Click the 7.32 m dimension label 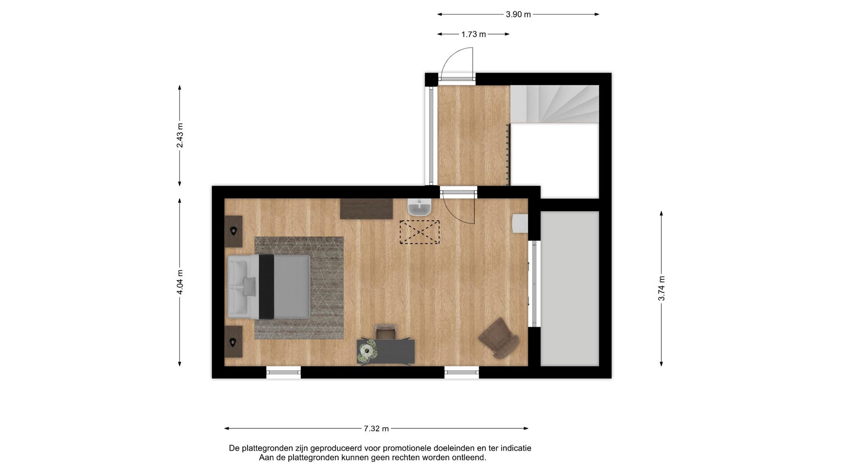click(376, 429)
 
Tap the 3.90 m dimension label click(518, 14)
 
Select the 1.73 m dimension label click(474, 34)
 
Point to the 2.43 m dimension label click(180, 136)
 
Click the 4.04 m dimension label click(180, 282)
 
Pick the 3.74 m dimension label click(661, 288)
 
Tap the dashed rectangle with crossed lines click(419, 232)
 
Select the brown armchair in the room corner click(499, 338)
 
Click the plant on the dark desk click(366, 352)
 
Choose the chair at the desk click(386, 332)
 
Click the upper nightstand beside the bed click(233, 231)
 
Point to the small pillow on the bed click(249, 286)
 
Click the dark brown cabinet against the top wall click(366, 209)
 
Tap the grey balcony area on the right click(569, 288)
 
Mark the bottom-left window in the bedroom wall click(283, 373)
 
